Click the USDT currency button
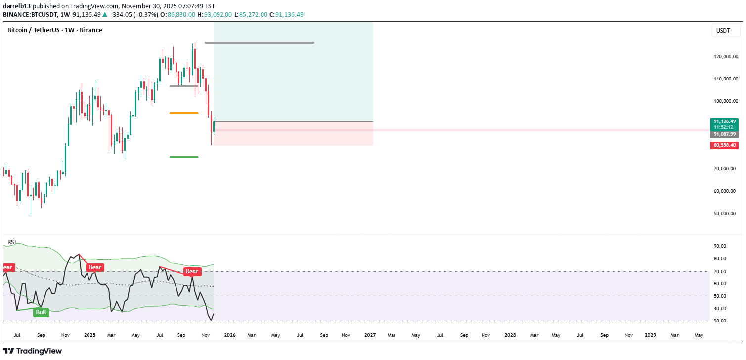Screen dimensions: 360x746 click(723, 31)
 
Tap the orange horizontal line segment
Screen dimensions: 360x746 click(184, 113)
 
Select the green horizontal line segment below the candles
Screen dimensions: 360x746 click(184, 157)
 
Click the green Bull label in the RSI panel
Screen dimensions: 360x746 click(41, 312)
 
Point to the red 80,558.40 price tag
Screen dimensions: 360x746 click(724, 145)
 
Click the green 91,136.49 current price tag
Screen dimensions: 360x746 click(724, 121)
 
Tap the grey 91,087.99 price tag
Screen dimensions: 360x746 click(724, 134)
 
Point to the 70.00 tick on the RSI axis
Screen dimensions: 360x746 click(719, 272)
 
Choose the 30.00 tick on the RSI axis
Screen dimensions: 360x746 click(719, 321)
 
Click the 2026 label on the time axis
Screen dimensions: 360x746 click(229, 335)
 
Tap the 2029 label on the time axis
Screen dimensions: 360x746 click(650, 335)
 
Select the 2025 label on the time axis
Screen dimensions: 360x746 click(89, 335)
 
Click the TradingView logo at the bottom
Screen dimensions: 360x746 click(33, 351)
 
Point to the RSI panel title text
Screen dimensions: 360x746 click(11, 242)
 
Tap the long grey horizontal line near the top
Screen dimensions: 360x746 click(259, 43)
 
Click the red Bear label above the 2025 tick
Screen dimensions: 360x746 click(94, 268)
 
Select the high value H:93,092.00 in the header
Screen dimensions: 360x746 click(214, 15)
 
